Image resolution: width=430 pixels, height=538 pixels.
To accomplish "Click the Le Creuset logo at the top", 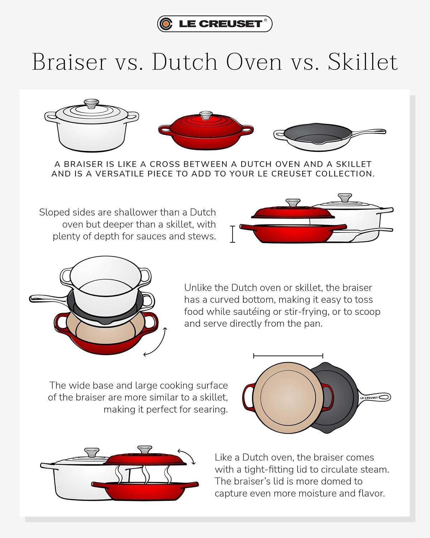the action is pyautogui.click(x=215, y=24).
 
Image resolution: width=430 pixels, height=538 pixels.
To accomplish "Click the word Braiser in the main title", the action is pyautogui.click(x=69, y=62).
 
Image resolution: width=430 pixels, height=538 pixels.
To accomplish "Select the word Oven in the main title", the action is pyautogui.click(x=254, y=62).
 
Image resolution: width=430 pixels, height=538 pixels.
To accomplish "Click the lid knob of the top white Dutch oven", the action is pyautogui.click(x=91, y=103).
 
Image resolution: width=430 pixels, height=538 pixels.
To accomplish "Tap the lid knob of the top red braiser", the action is pyautogui.click(x=206, y=115).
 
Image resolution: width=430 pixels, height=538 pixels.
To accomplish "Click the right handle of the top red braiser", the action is pyautogui.click(x=248, y=129).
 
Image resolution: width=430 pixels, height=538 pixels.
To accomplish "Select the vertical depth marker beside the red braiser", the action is pyautogui.click(x=233, y=234).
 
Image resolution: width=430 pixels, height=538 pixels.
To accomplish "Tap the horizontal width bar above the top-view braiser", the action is pyautogui.click(x=288, y=356).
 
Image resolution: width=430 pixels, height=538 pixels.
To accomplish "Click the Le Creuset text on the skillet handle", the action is pyautogui.click(x=369, y=398).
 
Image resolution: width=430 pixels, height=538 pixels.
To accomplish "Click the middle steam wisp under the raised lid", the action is pyautogui.click(x=145, y=474).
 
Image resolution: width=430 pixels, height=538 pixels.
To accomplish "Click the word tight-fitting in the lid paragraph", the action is pyautogui.click(x=269, y=469).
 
